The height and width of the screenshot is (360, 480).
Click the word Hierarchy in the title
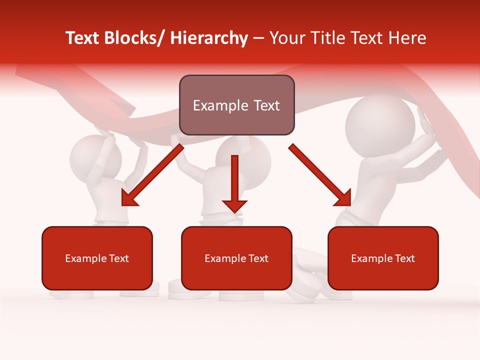coord(209,38)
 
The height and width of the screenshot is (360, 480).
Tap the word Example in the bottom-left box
coord(84,258)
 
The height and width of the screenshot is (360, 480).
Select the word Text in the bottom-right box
coord(404,258)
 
